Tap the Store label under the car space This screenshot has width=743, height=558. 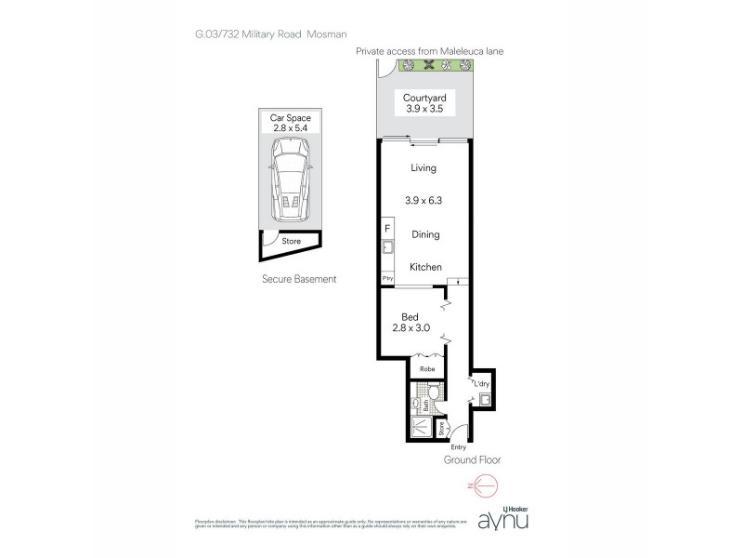pos(291,242)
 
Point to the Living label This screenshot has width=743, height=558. pos(423,168)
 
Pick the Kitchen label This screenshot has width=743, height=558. pos(425,267)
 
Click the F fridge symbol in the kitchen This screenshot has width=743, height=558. pos(386,229)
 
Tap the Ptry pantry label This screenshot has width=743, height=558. pos(386,278)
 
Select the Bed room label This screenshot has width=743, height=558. pos(410,316)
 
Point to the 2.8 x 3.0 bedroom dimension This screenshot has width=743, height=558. pos(410,328)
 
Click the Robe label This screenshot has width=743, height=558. pos(428,369)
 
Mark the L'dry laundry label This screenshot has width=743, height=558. pos(482,383)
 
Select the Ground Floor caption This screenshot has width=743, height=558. pos(474,459)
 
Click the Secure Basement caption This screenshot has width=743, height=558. pos(298,279)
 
